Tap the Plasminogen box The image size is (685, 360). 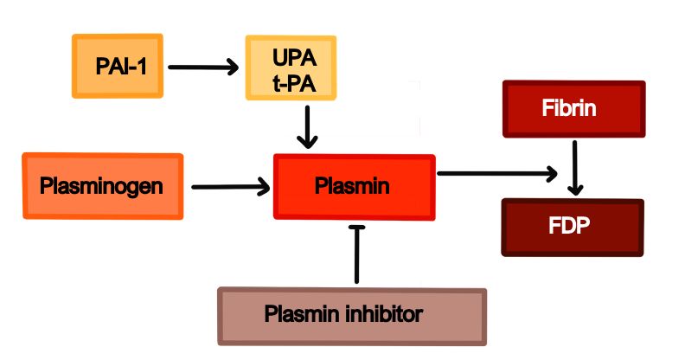tap(102, 186)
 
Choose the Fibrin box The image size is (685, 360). tap(573, 109)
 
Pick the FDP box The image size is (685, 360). tap(573, 227)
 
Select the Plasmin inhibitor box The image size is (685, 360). tap(352, 316)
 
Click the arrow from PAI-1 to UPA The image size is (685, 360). tap(202, 66)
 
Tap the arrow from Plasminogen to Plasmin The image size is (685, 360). tap(230, 185)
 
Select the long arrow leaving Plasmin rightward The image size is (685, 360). tap(496, 174)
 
